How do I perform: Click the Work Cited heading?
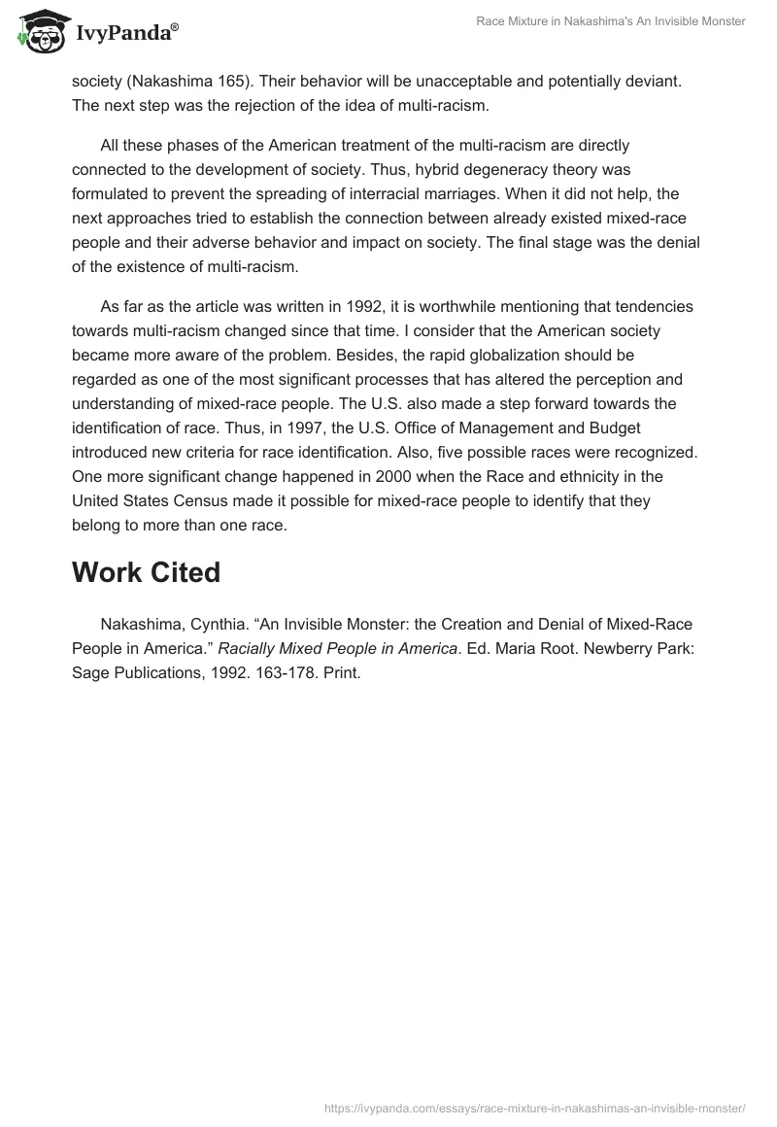click(146, 572)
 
